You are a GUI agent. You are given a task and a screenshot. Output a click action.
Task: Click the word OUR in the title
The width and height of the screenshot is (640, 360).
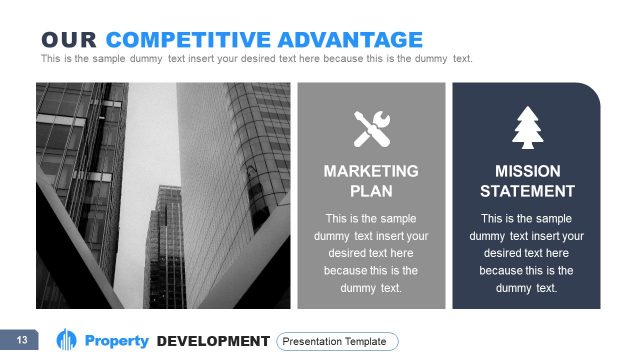tap(69, 40)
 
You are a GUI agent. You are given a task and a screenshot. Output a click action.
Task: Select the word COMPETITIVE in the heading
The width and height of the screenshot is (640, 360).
tap(180, 40)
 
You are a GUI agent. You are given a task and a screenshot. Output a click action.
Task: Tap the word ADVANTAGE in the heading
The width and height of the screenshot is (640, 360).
tap(342, 40)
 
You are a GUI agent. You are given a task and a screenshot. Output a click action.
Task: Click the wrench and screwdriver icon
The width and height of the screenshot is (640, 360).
tap(371, 127)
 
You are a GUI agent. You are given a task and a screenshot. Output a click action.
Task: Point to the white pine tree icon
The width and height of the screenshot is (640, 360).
tap(526, 127)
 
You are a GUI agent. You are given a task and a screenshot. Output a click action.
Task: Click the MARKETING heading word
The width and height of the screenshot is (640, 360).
tap(371, 172)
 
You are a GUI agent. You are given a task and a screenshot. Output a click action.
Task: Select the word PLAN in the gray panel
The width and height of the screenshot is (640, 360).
tap(371, 191)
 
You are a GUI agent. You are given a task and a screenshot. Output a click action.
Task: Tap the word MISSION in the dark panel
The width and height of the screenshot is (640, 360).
tap(527, 172)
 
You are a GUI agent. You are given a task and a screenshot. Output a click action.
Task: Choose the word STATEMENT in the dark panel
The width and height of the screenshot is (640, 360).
tap(527, 191)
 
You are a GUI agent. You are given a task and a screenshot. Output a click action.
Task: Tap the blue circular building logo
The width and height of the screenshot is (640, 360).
tap(67, 341)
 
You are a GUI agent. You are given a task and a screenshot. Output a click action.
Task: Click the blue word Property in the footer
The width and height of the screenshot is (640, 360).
tap(116, 342)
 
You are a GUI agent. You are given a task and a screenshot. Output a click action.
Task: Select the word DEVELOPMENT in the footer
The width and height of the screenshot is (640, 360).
tap(213, 342)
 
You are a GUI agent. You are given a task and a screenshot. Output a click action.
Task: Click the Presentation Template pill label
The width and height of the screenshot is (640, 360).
tap(337, 342)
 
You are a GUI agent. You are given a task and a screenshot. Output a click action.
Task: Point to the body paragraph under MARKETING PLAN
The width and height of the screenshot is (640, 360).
tap(371, 253)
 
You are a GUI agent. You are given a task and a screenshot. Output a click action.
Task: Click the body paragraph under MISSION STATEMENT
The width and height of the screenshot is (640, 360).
tap(527, 253)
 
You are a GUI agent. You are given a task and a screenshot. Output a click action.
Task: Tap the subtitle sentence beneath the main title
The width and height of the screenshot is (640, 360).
tap(256, 58)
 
